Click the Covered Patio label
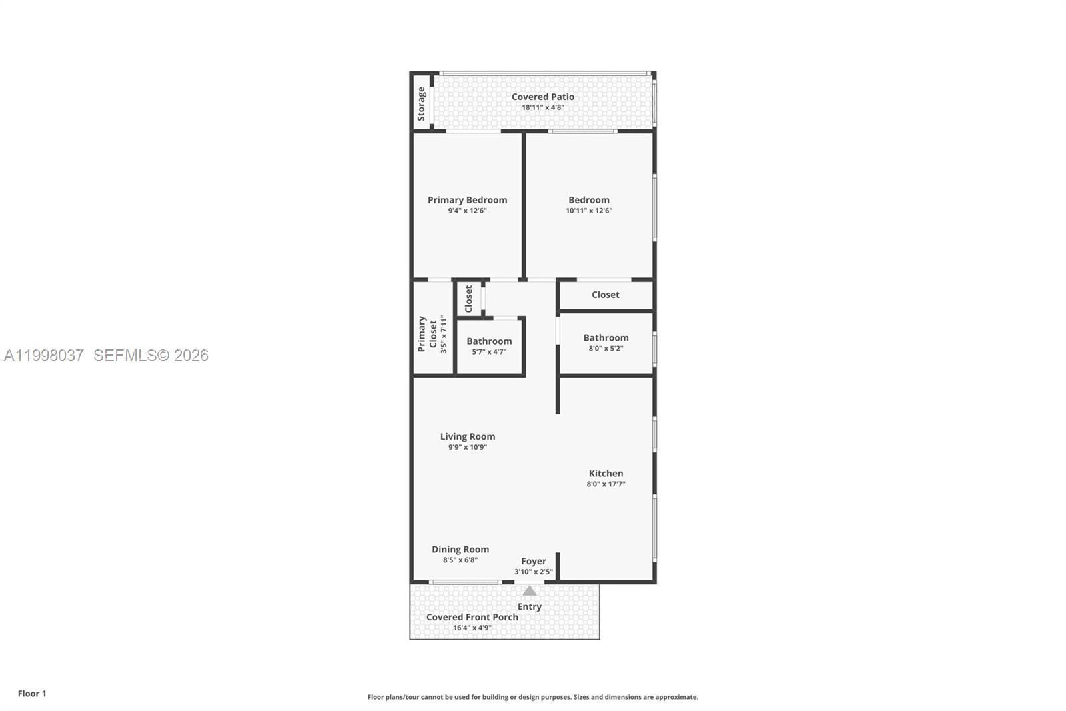542,97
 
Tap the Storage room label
421,103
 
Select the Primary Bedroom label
467,200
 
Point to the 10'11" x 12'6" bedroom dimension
589,211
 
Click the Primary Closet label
427,334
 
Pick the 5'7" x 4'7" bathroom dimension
489,352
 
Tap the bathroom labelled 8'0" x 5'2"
606,338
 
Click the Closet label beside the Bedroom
605,295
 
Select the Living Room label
467,437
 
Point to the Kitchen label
606,474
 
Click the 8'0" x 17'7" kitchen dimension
606,484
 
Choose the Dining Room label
460,550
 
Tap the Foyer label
533,562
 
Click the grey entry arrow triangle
529,591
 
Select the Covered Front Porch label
472,617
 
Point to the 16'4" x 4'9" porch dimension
472,628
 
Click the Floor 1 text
32,694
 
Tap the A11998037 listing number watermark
44,355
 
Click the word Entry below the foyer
529,607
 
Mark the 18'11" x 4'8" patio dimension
542,107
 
